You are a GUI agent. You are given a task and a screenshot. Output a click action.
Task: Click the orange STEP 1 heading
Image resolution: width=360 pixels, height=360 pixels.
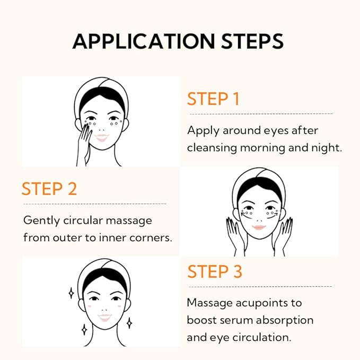[x=213, y=99]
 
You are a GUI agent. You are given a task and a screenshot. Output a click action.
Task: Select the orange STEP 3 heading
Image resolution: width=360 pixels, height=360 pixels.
[x=215, y=271]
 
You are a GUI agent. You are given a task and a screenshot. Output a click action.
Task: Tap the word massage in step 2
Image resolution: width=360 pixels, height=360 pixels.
[x=130, y=219]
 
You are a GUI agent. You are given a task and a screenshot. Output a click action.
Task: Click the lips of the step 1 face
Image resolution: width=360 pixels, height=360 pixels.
[x=102, y=137]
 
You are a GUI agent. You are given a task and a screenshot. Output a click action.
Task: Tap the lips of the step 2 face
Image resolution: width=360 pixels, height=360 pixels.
[x=259, y=227]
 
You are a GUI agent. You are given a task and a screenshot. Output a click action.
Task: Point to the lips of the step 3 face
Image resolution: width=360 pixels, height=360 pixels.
[x=104, y=317]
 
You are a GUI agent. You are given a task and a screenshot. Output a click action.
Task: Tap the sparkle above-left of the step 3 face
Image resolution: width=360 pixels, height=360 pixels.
[x=71, y=293]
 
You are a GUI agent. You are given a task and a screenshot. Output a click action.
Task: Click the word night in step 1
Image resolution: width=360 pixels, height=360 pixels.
[x=329, y=147]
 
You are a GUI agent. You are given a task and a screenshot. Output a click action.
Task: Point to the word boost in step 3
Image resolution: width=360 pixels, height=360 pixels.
[x=201, y=320]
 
